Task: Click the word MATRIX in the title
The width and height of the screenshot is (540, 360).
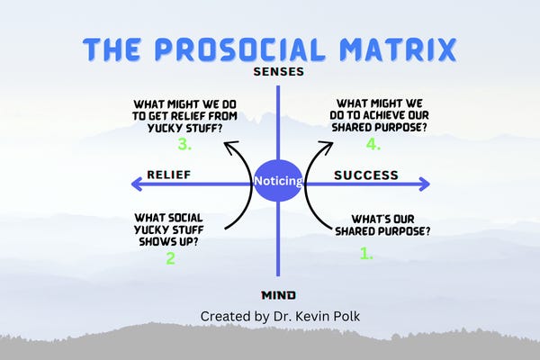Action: click(x=405, y=51)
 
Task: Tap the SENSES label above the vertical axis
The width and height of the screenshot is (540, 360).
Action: click(x=279, y=71)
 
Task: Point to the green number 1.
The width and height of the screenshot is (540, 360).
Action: click(x=366, y=254)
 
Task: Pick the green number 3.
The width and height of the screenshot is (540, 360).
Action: click(x=184, y=144)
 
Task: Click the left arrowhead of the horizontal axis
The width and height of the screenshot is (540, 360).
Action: click(x=137, y=184)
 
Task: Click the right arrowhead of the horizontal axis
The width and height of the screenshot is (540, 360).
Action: click(x=423, y=184)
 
